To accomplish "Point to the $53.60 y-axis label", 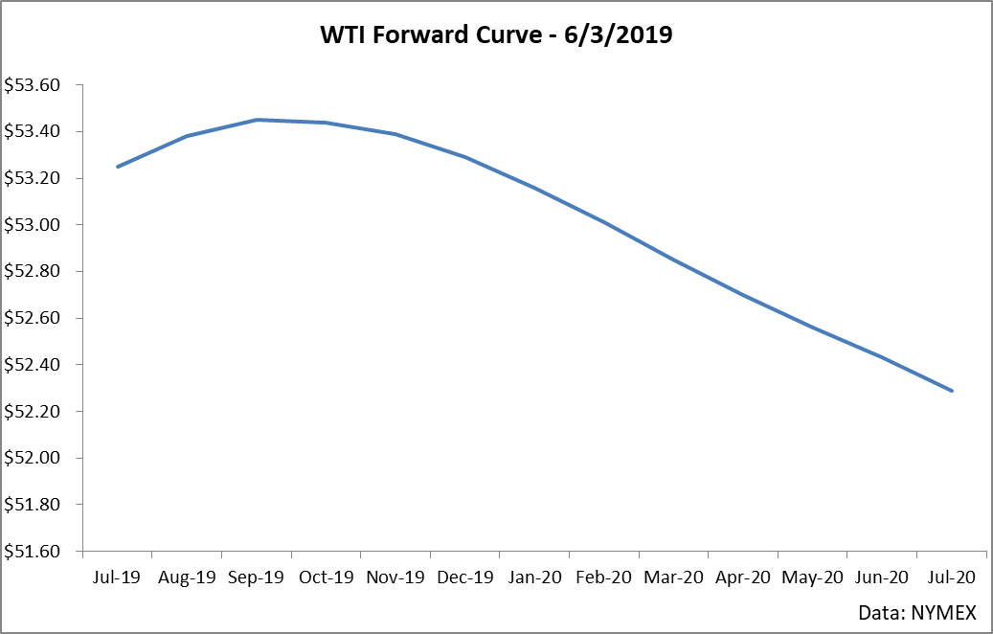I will tap(33, 85).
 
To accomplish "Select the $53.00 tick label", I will tap(33, 225).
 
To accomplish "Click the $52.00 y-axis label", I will tap(33, 458).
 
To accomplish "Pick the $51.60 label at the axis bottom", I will tap(33, 552).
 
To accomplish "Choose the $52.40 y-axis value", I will tap(33, 365).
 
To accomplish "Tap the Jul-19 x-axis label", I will tap(118, 577).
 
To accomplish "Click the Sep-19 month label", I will tap(257, 577).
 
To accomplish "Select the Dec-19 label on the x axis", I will tap(464, 577).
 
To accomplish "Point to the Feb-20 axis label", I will tap(603, 577).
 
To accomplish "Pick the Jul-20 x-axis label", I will tap(951, 577).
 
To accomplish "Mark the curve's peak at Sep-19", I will tap(257, 120).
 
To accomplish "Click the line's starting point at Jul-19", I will tap(118, 167).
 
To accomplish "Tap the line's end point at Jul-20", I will tap(952, 391).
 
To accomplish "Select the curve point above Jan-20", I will tap(534, 188).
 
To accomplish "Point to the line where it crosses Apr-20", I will tap(743, 295).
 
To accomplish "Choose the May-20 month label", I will tap(812, 577).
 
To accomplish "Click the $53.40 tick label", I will tap(33, 131).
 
